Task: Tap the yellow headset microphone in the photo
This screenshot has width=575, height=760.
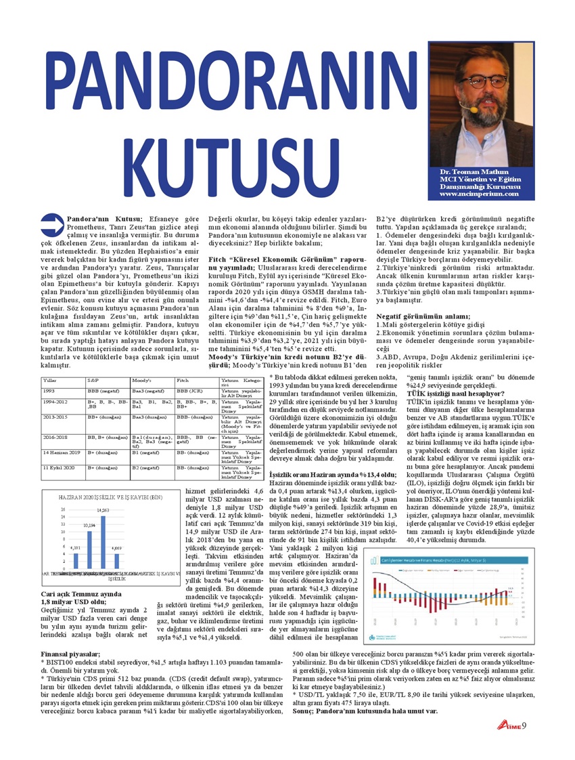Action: pos(474,108)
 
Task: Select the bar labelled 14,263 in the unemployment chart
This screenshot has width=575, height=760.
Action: pos(103,542)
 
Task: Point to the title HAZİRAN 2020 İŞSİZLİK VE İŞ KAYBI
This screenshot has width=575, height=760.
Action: pos(101,497)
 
